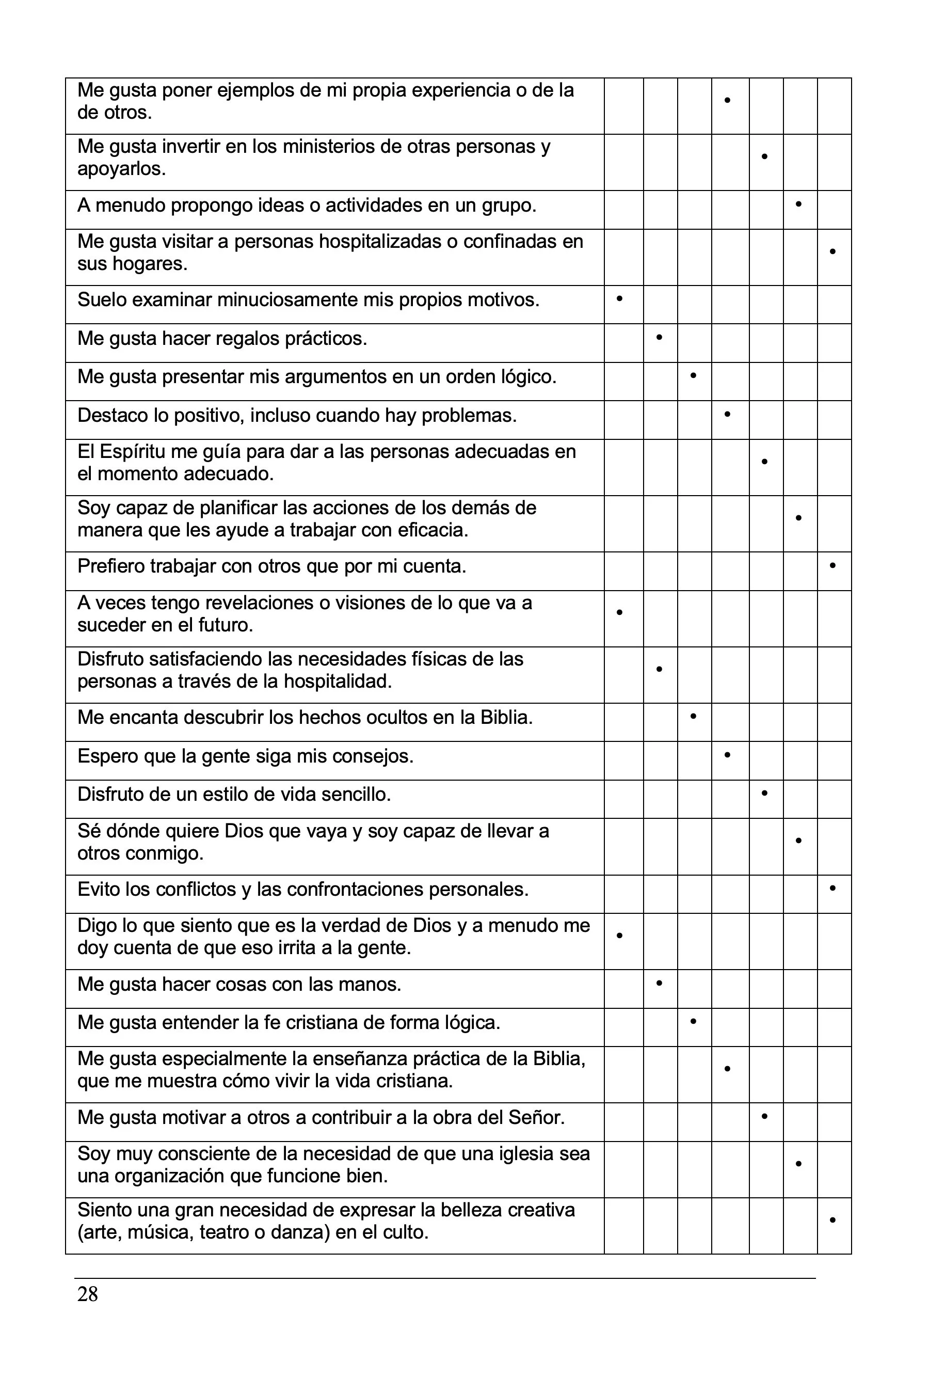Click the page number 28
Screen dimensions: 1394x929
[88, 1294]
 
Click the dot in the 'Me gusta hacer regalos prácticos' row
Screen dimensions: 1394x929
[659, 337]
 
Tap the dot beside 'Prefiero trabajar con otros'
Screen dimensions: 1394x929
[832, 565]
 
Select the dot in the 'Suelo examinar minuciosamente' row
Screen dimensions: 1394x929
[620, 299]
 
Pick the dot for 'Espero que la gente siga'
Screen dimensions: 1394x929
[727, 754]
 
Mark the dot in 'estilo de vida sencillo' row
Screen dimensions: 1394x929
[764, 793]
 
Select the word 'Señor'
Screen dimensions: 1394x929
[536, 1117]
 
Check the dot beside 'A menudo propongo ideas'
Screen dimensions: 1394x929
[798, 204]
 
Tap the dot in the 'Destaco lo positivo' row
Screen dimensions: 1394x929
[727, 414]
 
